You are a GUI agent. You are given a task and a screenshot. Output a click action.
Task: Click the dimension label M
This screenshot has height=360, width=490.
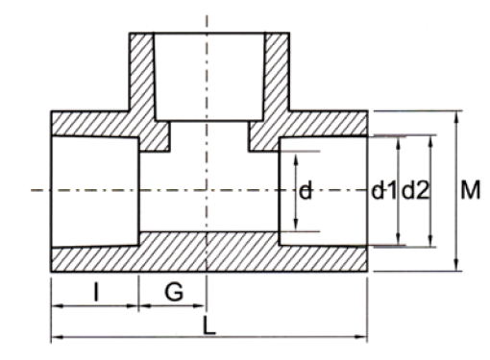click(469, 191)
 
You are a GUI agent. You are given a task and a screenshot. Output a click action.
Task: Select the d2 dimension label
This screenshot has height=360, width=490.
click(415, 191)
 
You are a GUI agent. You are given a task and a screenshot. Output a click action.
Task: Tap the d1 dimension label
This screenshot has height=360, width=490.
click(384, 191)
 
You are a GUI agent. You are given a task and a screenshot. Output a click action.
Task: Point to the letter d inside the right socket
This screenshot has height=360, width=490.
click(305, 191)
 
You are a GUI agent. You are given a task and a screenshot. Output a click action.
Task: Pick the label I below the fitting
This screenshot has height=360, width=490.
click(96, 292)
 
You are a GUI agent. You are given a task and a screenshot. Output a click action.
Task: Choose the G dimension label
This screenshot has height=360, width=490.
click(173, 292)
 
